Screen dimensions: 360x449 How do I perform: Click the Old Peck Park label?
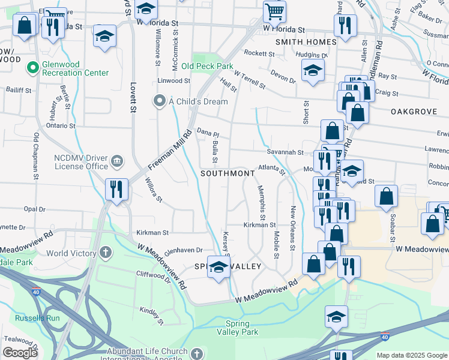tap(207, 66)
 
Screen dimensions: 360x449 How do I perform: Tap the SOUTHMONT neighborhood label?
tap(228, 173)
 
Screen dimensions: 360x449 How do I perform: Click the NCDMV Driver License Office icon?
tap(116, 160)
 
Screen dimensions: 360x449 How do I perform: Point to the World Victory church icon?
tap(106, 253)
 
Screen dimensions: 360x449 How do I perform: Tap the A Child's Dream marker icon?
tap(160, 101)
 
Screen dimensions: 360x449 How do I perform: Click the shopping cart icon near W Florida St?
tap(274, 11)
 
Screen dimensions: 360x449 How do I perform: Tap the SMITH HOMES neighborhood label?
tap(306, 42)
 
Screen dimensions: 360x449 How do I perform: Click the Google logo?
tap(20, 353)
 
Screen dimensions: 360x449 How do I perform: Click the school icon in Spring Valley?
tap(219, 268)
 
